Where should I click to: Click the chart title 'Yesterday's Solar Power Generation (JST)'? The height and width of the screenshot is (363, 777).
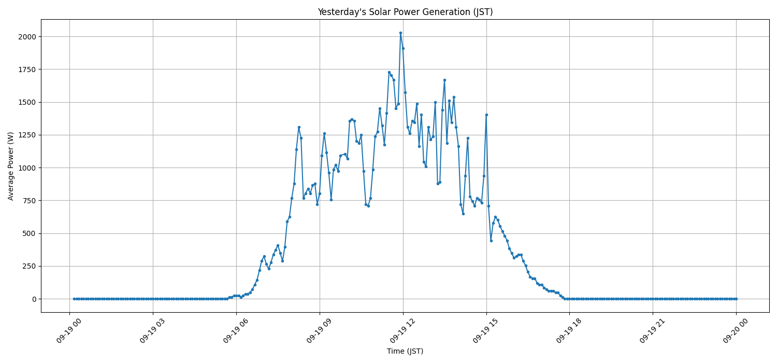click(x=405, y=12)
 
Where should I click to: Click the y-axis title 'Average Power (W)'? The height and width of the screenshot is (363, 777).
click(x=11, y=166)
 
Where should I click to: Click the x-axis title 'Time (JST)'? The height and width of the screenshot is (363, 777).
click(x=405, y=351)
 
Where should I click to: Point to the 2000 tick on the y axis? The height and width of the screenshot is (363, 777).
click(x=27, y=37)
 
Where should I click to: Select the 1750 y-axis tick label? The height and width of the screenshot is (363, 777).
click(x=27, y=69)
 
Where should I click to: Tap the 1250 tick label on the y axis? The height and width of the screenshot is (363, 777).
click(x=27, y=135)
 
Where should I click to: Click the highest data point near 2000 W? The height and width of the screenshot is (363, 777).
click(x=400, y=33)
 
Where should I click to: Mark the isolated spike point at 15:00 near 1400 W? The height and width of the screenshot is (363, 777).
click(x=486, y=115)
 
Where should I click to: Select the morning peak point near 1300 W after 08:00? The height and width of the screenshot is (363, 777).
click(x=299, y=127)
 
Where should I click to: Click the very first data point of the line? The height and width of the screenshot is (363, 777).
click(x=74, y=299)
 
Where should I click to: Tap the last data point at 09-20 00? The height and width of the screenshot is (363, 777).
click(x=736, y=299)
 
